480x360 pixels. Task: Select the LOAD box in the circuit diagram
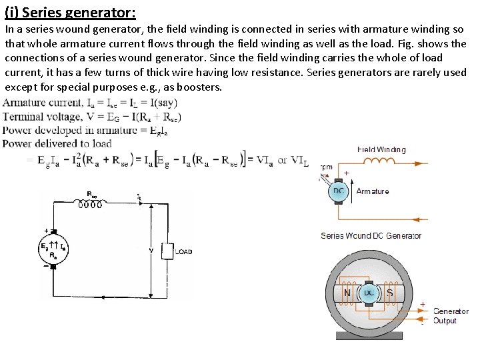click(165, 251)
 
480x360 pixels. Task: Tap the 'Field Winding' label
click(381, 149)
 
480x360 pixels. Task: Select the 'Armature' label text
click(373, 191)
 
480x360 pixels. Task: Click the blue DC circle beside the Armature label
click(339, 192)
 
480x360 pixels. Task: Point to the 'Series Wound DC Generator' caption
click(371, 235)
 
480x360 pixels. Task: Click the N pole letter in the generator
click(347, 292)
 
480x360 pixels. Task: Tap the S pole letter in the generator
click(390, 292)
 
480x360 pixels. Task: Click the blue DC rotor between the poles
click(368, 293)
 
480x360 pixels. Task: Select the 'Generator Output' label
click(451, 316)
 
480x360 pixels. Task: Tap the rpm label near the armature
click(327, 167)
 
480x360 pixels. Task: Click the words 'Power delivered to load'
click(57, 143)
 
